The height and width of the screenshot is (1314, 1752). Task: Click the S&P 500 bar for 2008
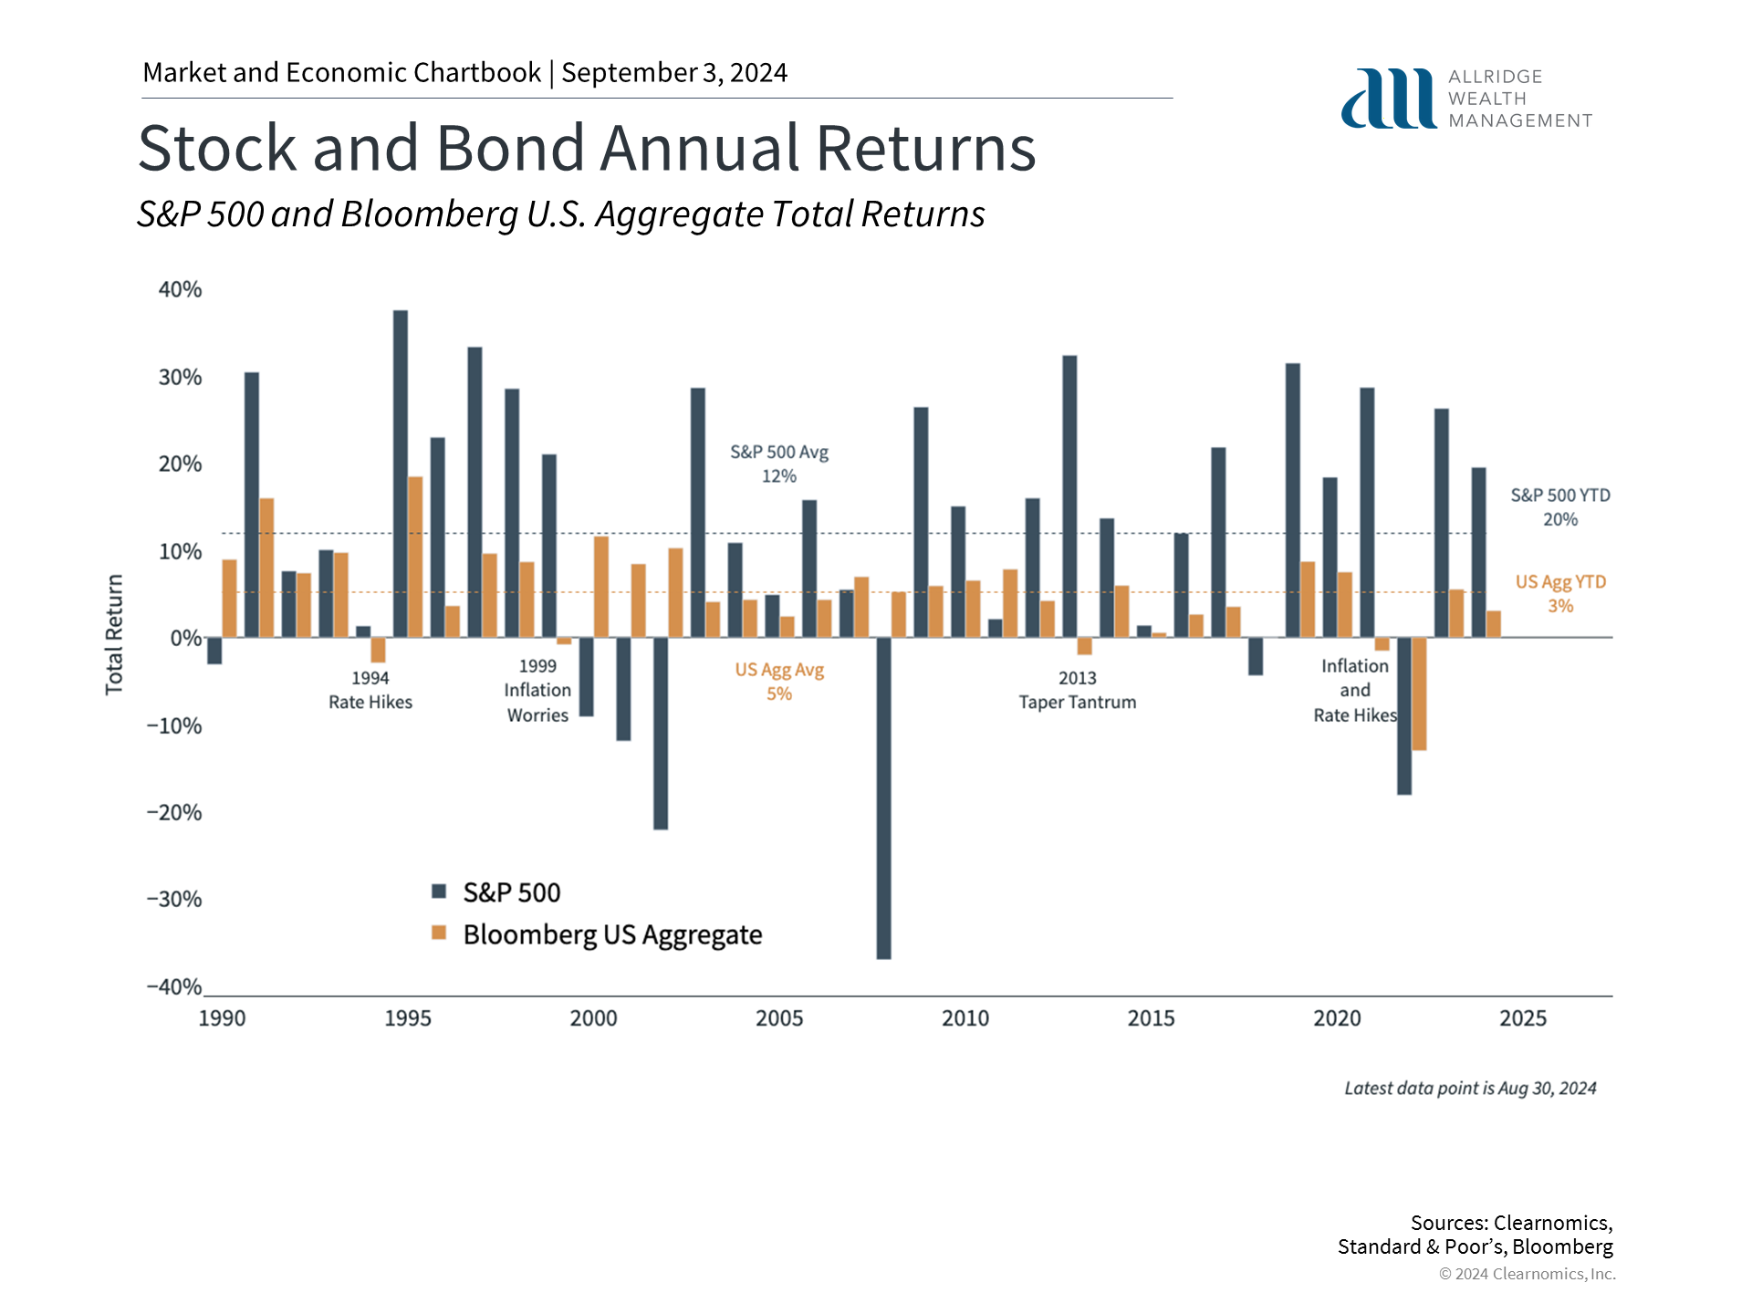(x=883, y=798)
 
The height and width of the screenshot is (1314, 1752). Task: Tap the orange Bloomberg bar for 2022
(x=1419, y=693)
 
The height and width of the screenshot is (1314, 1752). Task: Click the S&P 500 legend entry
(x=497, y=892)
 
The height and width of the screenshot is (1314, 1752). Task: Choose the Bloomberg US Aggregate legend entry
(x=598, y=934)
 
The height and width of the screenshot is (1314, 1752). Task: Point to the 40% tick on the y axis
(x=180, y=289)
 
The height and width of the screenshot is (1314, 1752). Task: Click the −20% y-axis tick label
(x=174, y=812)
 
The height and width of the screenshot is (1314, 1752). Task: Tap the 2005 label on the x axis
(x=779, y=1018)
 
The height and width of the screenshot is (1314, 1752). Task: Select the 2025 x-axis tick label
(x=1522, y=1018)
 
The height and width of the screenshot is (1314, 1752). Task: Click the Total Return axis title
(x=114, y=634)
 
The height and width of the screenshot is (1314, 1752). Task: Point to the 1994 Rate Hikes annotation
(x=370, y=690)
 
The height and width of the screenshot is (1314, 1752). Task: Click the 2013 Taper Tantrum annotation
(x=1078, y=690)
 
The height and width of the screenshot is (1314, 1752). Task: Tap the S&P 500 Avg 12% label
(x=779, y=464)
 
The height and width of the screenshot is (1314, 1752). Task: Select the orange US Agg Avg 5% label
(x=779, y=682)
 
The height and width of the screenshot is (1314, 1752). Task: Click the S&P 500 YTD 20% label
(x=1560, y=506)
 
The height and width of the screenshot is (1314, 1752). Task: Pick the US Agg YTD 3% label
(x=1560, y=593)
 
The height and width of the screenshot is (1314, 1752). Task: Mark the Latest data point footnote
(x=1470, y=1088)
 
